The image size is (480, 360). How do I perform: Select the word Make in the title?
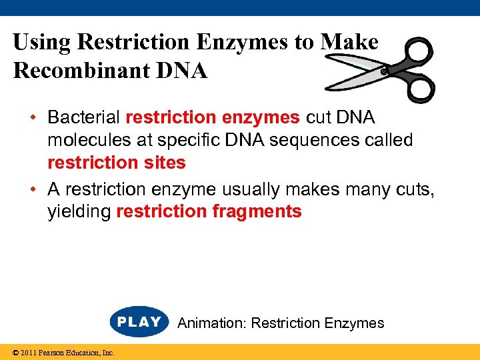coord(349,43)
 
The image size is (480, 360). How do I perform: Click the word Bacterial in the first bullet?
coord(84,118)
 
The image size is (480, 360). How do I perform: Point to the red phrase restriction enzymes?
coord(213,118)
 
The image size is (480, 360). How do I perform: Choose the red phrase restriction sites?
coord(117,163)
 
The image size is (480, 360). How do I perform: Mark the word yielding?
coord(80,213)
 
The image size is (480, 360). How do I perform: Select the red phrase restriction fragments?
coord(209,212)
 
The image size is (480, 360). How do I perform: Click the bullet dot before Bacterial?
coord(33,119)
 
